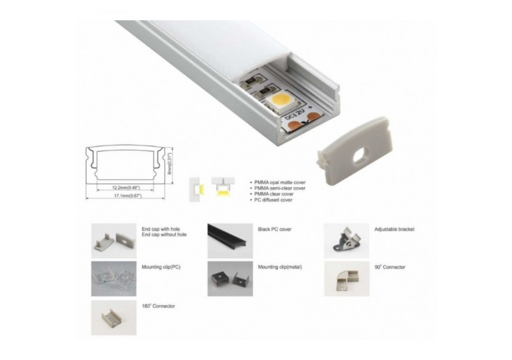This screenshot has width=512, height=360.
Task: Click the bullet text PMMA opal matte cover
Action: (x=279, y=183)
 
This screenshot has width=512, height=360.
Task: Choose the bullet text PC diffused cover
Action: (x=273, y=200)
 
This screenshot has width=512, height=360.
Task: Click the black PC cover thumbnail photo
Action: (x=230, y=240)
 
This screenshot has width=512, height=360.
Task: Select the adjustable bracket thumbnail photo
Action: (x=346, y=240)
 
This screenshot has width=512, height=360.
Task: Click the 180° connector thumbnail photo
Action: (x=114, y=317)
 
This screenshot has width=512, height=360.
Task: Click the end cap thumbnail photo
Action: (x=114, y=240)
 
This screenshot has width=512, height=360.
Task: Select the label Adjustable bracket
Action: (x=394, y=229)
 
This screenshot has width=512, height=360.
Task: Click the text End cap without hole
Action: (x=163, y=235)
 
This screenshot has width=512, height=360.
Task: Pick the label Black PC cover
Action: (x=275, y=229)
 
